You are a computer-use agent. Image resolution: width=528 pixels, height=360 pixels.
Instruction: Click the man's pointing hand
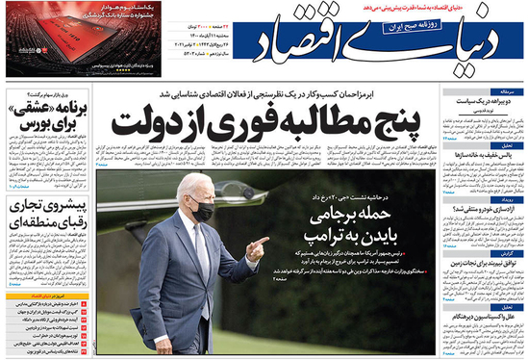pos(255,245)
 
